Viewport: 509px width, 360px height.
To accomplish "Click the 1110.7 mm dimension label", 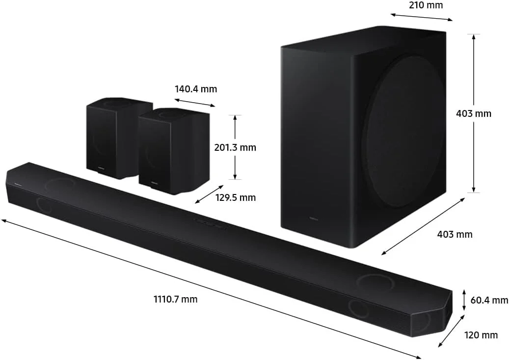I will (175, 299).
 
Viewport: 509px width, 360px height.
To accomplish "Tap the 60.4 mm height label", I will (489, 300).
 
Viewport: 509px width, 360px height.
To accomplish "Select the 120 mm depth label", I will (481, 335).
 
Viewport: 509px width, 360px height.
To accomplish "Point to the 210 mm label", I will (426, 5).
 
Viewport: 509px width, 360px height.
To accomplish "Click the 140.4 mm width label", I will (195, 89).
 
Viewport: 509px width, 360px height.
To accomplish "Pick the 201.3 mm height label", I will (235, 147).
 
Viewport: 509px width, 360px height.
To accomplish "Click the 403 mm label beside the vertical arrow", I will (473, 113).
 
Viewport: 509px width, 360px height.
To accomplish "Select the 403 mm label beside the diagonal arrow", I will (455, 234).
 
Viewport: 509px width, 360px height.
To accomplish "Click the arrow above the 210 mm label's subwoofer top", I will (422, 17).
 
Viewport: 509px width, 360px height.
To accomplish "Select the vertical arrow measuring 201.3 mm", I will (235, 147).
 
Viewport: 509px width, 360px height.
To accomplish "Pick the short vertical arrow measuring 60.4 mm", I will (464, 300).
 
